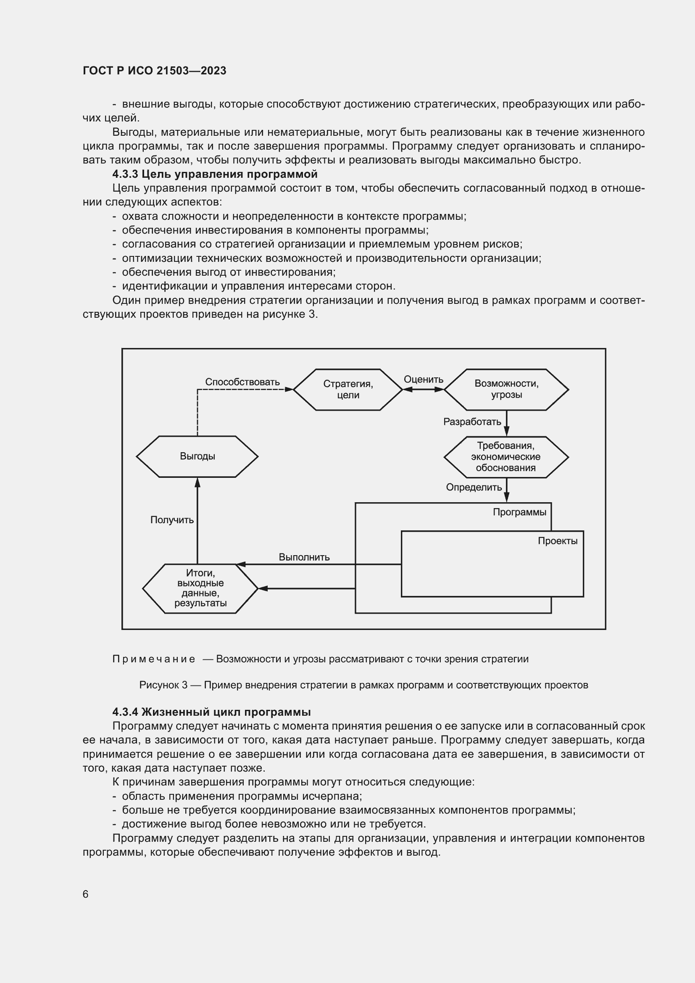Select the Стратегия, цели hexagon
pos(347,390)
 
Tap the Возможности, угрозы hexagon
pos(506,390)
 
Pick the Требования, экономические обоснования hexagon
pos(506,457)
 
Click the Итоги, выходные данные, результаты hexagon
pos(200,588)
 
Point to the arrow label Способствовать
pos(242,382)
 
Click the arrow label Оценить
pos(423,379)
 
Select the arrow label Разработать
pos(472,422)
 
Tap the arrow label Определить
pos(474,487)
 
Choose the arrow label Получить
pos(172,520)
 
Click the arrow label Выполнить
pos(304,557)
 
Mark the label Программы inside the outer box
pos(519,512)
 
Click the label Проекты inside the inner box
pos(557,541)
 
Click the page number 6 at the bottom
pos(86,894)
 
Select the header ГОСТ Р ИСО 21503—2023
pos(155,71)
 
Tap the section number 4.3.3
pos(125,174)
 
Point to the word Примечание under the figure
pos(154,659)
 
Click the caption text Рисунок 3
pos(163,685)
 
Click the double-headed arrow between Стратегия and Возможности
pos(423,390)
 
